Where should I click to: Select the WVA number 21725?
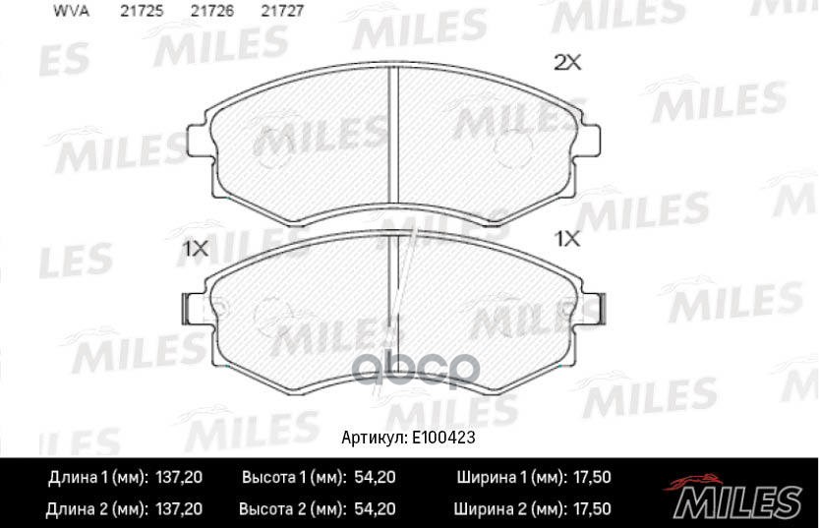tap(142, 11)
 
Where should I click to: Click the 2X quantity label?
tap(568, 63)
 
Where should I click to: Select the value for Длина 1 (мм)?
tap(179, 478)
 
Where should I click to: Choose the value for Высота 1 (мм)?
tap(374, 478)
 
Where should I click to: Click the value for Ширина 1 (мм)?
tap(590, 478)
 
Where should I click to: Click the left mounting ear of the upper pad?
tap(199, 140)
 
